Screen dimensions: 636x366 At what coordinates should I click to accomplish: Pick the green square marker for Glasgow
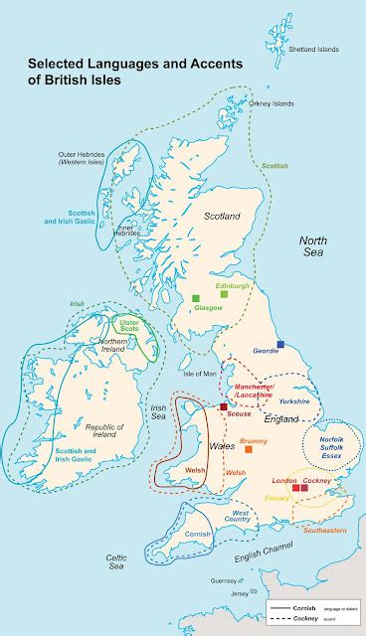tap(197, 296)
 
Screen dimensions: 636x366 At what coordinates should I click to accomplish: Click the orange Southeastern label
tap(324, 530)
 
